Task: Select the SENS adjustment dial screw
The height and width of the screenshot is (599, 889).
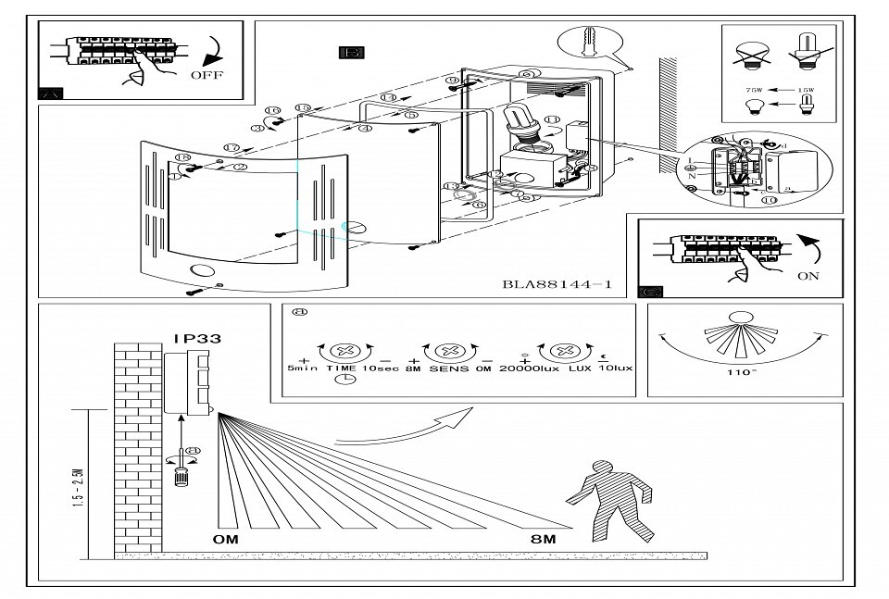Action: click(x=448, y=353)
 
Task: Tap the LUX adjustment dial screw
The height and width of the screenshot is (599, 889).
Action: click(x=560, y=353)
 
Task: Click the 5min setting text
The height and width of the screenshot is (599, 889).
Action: click(x=305, y=368)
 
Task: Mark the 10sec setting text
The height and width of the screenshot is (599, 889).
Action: click(x=381, y=368)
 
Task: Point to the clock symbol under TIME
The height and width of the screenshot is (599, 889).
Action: click(x=346, y=379)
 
